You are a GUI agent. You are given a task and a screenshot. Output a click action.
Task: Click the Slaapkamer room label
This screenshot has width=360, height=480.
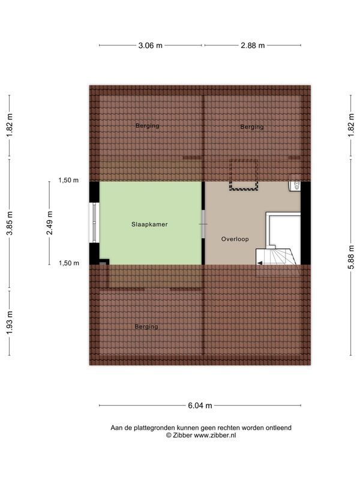click(x=149, y=224)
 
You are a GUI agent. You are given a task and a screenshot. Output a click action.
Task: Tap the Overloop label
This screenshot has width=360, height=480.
click(x=235, y=239)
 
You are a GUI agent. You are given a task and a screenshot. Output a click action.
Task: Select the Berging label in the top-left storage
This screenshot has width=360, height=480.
click(x=147, y=126)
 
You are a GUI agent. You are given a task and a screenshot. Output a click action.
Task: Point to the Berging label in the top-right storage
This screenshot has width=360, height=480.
click(x=252, y=127)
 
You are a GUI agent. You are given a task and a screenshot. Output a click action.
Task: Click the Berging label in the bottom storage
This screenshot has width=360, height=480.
click(x=146, y=326)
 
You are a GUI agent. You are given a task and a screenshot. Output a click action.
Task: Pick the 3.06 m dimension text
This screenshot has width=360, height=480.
click(x=151, y=45)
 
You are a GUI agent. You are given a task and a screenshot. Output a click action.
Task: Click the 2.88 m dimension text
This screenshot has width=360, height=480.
click(x=253, y=45)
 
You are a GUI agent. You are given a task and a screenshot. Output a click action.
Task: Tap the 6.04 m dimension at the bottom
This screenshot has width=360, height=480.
click(x=200, y=406)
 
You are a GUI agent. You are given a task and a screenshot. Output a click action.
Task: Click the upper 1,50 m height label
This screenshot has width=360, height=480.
click(x=68, y=180)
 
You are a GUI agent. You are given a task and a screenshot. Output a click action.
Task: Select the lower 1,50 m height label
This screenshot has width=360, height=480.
click(x=68, y=263)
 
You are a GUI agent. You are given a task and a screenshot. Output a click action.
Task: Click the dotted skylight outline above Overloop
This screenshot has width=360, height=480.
click(x=242, y=175)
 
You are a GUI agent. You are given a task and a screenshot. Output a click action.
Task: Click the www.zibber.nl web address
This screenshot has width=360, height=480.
click(x=215, y=435)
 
